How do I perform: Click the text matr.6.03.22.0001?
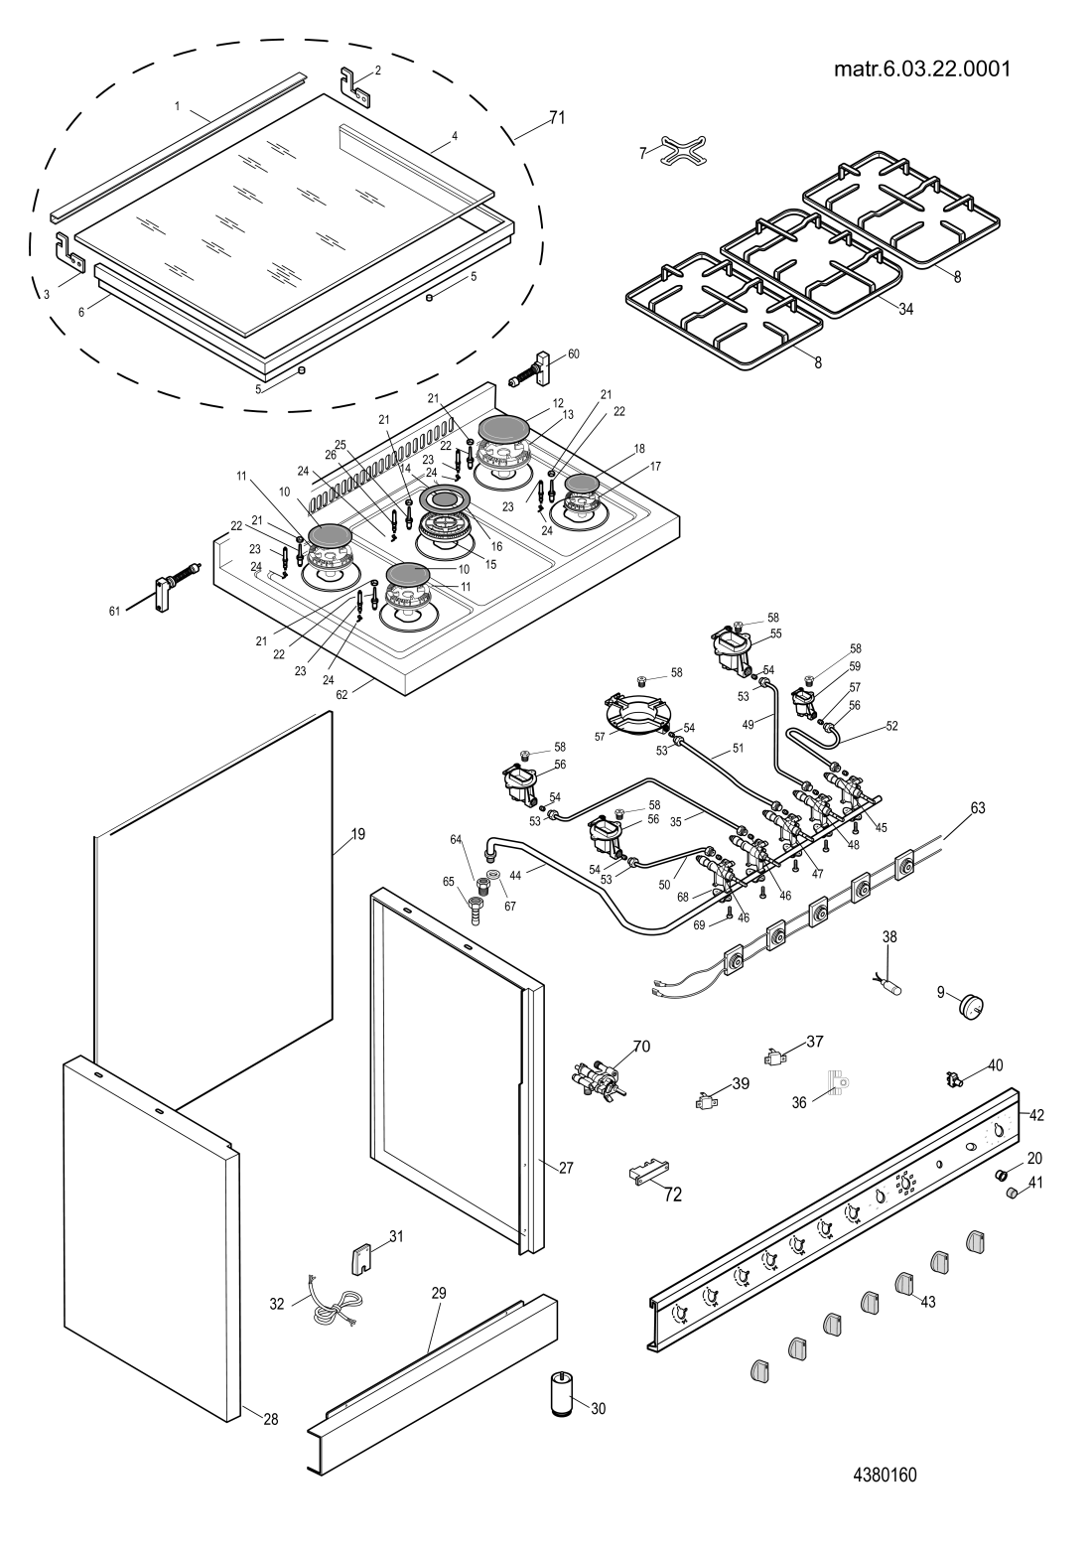click(x=922, y=70)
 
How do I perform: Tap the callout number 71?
click(x=557, y=118)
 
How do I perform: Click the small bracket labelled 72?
click(x=647, y=1173)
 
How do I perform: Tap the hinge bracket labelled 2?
click(x=356, y=86)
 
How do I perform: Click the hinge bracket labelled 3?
click(x=69, y=252)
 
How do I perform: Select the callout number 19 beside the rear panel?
click(x=357, y=834)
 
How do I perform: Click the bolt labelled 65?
click(x=477, y=908)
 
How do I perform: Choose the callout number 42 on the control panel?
click(x=1036, y=1115)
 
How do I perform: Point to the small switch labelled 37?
click(x=775, y=1057)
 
